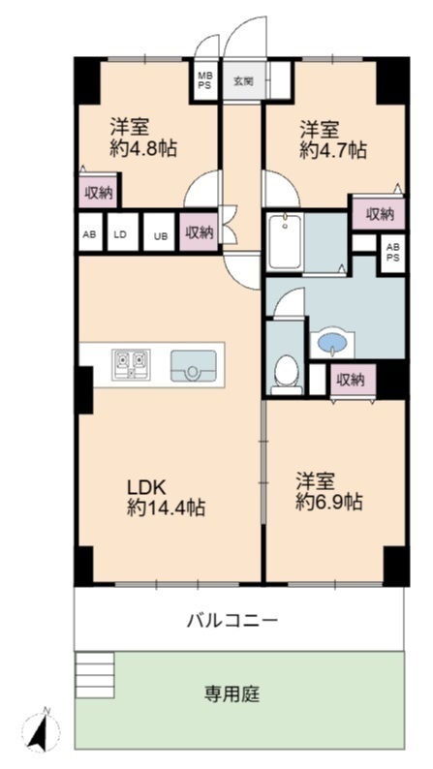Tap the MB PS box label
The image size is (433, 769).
[204, 81]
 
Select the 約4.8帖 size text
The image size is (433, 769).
[142, 147]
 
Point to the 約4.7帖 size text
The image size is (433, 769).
[333, 150]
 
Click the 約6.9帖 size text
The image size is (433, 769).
[329, 502]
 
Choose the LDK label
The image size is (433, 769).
[148, 487]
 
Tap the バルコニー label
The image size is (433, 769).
[232, 621]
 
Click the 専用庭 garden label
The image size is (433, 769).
[232, 693]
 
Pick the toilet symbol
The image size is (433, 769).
[288, 373]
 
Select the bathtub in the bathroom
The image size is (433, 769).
[285, 241]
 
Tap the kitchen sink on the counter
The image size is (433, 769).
[193, 365]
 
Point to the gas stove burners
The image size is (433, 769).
[131, 365]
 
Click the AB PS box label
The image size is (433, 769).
[393, 254]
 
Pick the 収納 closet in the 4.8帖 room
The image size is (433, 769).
[100, 191]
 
